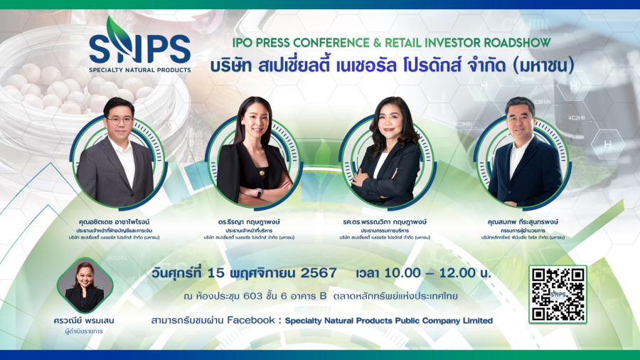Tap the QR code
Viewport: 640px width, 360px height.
click(x=558, y=294)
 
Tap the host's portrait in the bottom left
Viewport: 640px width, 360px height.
click(x=85, y=285)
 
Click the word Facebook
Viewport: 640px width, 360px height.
click(x=252, y=321)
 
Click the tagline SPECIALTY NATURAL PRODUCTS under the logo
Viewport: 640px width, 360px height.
click(x=139, y=70)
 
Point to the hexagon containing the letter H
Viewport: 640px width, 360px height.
click(x=607, y=144)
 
